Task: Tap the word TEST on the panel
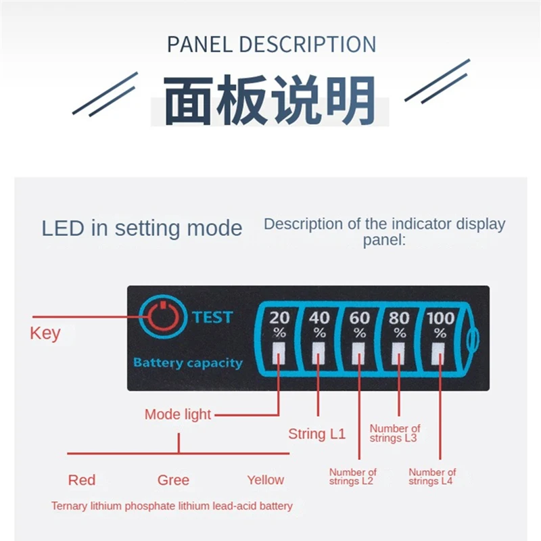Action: (212, 317)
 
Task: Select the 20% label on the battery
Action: (279, 323)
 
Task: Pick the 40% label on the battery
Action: (319, 323)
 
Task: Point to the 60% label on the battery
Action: (360, 323)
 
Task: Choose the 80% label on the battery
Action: (400, 323)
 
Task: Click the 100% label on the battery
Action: (440, 323)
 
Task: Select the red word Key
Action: (45, 333)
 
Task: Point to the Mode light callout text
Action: (178, 415)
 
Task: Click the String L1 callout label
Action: (316, 434)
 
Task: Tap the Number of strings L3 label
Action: (395, 433)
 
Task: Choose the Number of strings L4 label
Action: (432, 477)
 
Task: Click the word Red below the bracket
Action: (82, 480)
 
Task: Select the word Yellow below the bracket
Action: (265, 480)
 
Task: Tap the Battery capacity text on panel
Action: (187, 363)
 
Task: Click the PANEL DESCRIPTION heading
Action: (271, 45)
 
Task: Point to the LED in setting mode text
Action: (142, 228)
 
